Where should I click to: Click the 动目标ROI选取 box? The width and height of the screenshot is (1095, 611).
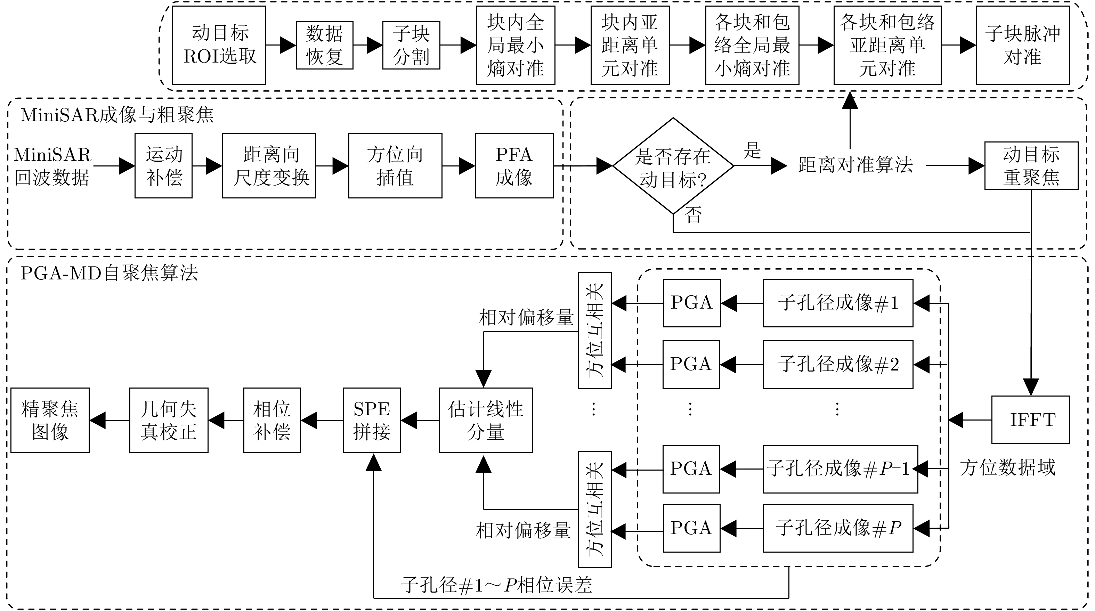pos(219,45)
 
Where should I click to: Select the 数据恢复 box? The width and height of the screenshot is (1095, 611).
pos(324,45)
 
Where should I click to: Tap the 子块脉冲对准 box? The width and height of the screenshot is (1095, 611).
pos(1022,45)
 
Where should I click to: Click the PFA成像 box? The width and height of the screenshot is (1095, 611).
pos(514,166)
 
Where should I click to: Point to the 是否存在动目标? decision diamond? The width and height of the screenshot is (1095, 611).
pos(673,166)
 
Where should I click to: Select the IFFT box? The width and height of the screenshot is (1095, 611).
pos(1030,420)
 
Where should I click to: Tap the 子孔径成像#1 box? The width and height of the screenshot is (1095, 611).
pos(838,303)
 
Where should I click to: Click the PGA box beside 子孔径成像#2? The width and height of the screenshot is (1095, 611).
pos(691,365)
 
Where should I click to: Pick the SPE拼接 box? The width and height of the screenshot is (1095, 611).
pos(372,420)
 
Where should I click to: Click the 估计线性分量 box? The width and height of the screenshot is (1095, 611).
pos(485,420)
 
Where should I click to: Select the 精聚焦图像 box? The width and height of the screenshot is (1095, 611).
pos(50,420)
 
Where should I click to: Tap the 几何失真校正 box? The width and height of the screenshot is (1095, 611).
pos(169,420)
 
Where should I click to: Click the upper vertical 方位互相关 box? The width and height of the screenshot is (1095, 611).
pos(595,330)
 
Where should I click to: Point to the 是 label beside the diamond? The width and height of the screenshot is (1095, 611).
pos(752,150)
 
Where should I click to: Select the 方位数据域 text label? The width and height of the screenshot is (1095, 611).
pos(1007,468)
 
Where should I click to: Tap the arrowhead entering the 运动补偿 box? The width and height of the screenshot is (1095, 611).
pos(127,166)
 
